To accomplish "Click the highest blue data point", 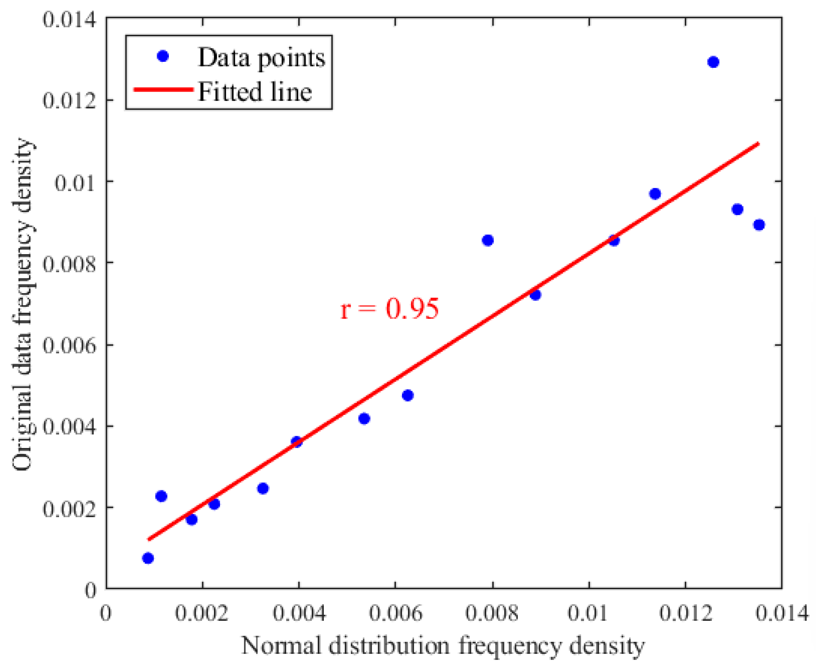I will pos(713,62).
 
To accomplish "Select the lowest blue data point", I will pos(148,558).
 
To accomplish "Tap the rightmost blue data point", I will pos(759,225).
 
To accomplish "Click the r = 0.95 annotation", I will pos(389,309).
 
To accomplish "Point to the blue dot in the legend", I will pos(162,56).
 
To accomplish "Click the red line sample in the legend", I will pos(163,89).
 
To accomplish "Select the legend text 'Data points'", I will pos(261,58).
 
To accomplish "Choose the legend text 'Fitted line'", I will pos(255,92).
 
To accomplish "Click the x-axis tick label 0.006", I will pos(395,613).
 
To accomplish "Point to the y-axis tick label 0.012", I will pos(69,101).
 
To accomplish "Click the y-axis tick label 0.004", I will pos(69,426).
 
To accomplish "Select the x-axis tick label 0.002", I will pos(202,613).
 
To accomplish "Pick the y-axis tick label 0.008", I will pos(69,264).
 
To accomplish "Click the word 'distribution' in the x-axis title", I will pos(389,645).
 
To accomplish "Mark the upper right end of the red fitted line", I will pos(758,143).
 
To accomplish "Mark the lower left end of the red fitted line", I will pos(149,539).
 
